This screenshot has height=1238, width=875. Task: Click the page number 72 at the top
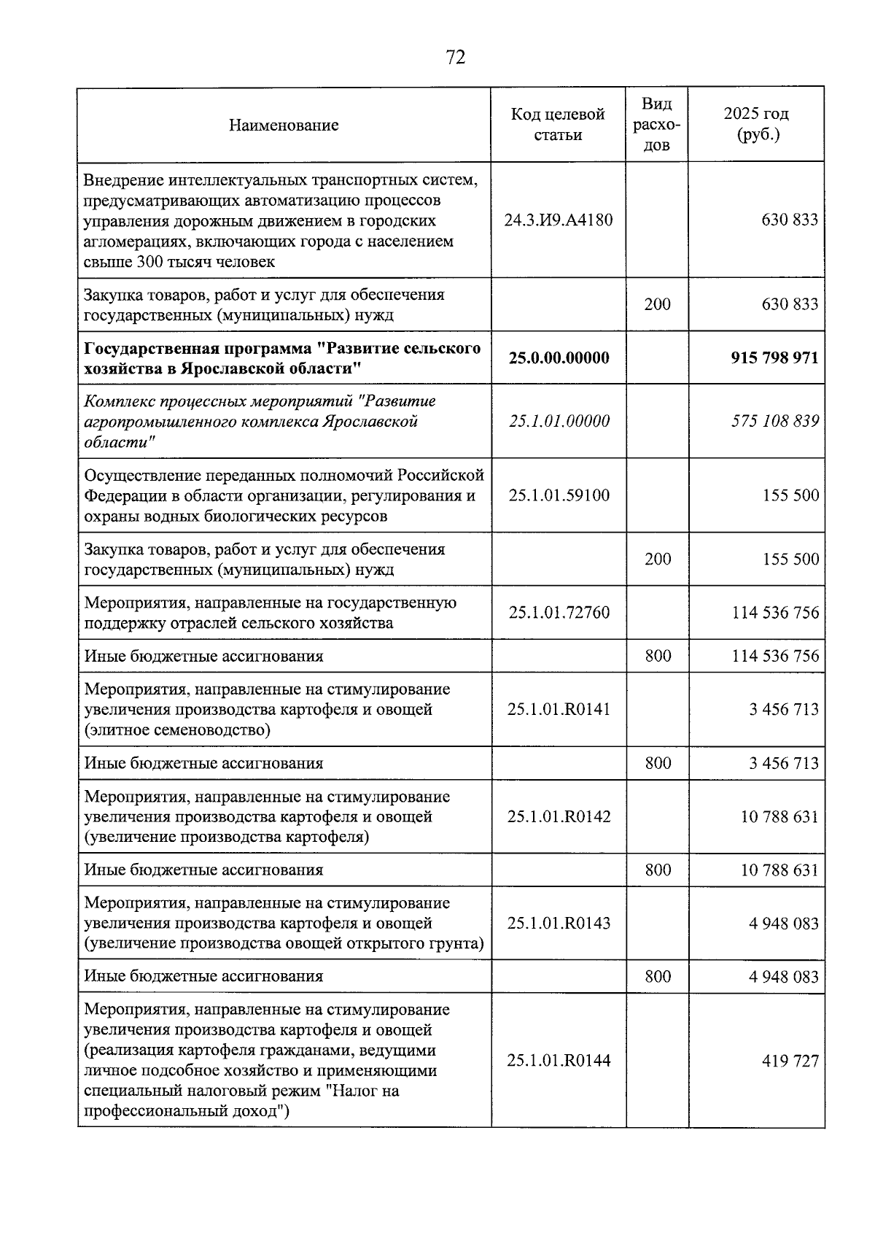point(455,58)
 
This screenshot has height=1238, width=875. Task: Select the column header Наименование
point(284,125)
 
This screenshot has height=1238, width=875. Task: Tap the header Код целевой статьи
point(558,125)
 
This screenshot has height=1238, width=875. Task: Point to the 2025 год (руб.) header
point(756,125)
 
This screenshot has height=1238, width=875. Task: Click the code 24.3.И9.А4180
point(558,220)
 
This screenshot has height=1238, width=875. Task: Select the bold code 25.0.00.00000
point(559,358)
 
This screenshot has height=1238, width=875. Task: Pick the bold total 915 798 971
point(774,358)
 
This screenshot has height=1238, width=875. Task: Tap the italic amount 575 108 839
point(774,422)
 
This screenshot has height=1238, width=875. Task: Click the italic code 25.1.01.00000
point(559,422)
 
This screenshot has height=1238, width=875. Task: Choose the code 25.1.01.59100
point(559,496)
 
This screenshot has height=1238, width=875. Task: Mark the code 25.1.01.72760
point(559,613)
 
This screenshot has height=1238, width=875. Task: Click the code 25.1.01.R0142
point(559,816)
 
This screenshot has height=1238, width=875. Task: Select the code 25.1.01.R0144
point(559,1061)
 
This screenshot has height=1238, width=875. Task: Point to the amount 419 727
point(790,1061)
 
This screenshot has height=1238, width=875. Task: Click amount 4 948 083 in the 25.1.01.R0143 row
point(783,924)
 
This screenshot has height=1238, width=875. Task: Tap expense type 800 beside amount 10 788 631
point(658,870)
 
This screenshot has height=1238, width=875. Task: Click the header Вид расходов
point(657,125)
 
